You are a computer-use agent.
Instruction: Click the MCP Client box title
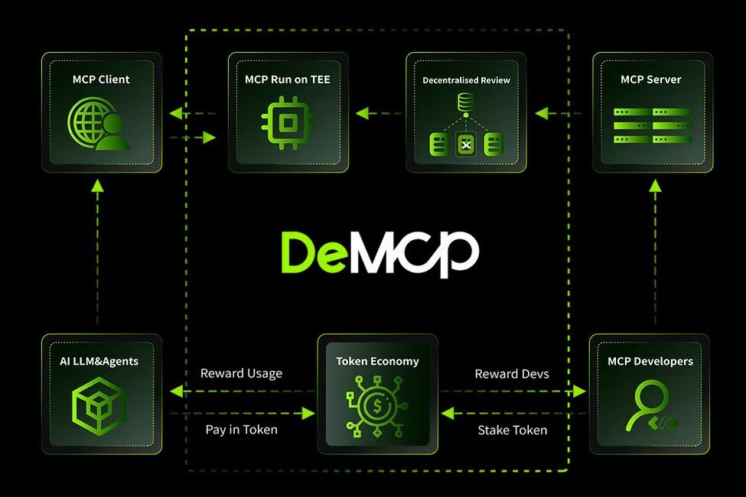click(x=101, y=80)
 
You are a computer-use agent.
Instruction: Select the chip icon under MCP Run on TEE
click(x=288, y=123)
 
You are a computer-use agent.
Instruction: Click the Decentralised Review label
click(x=466, y=80)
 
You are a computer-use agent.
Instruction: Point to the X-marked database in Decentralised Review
click(x=465, y=144)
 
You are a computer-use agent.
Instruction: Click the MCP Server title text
click(x=650, y=80)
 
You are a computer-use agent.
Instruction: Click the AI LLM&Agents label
click(x=99, y=361)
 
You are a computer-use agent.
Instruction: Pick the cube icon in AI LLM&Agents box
click(x=99, y=403)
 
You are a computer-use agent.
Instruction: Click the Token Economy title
click(x=377, y=361)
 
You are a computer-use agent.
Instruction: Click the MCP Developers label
click(x=650, y=361)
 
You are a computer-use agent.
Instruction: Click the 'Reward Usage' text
click(x=241, y=374)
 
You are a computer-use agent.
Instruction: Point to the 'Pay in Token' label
click(x=241, y=430)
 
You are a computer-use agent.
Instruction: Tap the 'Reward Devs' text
click(x=512, y=374)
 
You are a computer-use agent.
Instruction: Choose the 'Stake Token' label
click(x=512, y=430)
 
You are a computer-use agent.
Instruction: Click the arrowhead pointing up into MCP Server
click(x=655, y=185)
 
